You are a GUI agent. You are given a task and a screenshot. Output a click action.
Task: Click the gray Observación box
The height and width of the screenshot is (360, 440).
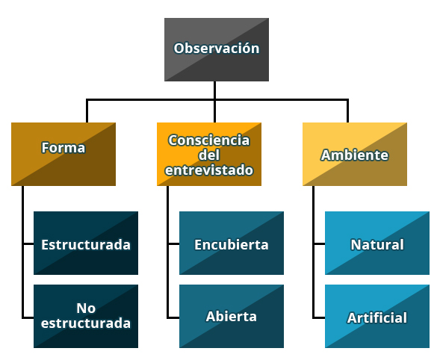[217, 49]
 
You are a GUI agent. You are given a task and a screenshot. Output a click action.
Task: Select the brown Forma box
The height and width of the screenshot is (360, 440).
[63, 154]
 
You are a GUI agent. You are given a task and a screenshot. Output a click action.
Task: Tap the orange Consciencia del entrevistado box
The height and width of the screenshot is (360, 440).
[209, 154]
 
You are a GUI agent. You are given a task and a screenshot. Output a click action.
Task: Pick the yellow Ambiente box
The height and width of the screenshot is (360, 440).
[355, 154]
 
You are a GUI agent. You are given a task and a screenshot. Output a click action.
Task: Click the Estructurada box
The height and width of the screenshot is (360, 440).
[86, 243]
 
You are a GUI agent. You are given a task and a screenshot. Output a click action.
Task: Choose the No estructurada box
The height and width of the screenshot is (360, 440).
[86, 316]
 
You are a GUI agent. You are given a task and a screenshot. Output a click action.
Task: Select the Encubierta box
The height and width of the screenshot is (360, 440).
[232, 243]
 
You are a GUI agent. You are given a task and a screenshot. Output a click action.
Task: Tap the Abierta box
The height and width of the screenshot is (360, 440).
[232, 316]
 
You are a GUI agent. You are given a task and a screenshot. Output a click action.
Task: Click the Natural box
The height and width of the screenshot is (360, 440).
[377, 243]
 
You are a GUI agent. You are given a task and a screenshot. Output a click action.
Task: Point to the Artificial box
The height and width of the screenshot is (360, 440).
[377, 316]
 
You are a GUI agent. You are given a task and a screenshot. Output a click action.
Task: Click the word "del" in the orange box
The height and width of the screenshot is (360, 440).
[209, 155]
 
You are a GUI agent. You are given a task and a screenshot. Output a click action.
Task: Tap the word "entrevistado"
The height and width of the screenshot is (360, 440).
[209, 170]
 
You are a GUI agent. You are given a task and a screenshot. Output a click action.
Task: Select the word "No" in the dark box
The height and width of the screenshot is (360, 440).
[86, 308]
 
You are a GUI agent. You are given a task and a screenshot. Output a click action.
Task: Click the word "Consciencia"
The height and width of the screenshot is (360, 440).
[209, 140]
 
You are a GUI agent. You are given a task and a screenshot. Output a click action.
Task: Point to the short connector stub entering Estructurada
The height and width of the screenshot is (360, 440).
[28, 244]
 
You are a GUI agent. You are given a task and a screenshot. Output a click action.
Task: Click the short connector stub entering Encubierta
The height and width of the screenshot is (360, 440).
[174, 244]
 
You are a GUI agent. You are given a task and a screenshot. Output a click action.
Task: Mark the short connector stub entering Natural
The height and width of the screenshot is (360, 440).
[319, 244]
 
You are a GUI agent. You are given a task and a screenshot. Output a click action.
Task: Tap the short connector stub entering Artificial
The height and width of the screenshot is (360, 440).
[319, 318]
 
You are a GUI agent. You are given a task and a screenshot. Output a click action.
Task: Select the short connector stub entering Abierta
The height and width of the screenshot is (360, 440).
[174, 318]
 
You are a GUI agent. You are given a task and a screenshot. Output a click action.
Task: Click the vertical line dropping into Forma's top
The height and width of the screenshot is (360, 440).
[87, 111]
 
